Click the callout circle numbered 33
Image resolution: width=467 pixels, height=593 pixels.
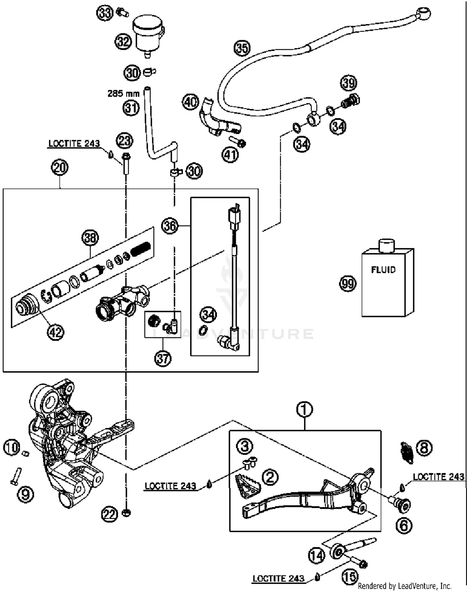pyautogui.click(x=105, y=13)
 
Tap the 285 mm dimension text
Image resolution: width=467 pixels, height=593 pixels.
pyautogui.click(x=123, y=93)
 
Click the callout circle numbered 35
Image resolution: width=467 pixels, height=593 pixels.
pyautogui.click(x=242, y=48)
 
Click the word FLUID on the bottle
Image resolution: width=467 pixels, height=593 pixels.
pyautogui.click(x=383, y=269)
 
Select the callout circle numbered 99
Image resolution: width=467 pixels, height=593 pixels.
pyautogui.click(x=347, y=284)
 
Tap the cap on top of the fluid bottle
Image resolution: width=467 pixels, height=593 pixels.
pyautogui.click(x=386, y=245)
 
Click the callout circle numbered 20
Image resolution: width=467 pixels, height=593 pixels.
pyautogui.click(x=60, y=168)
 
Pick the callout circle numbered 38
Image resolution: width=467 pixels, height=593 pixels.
pyautogui.click(x=90, y=238)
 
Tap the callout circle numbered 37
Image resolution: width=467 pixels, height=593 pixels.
pyautogui.click(x=163, y=358)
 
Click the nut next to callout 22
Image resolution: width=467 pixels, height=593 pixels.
pyautogui.click(x=126, y=513)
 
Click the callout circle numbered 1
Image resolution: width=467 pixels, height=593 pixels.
pyautogui.click(x=304, y=409)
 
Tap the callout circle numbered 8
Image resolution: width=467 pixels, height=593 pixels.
pyautogui.click(x=424, y=448)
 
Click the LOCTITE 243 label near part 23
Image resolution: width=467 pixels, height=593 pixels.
pyautogui.click(x=74, y=143)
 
